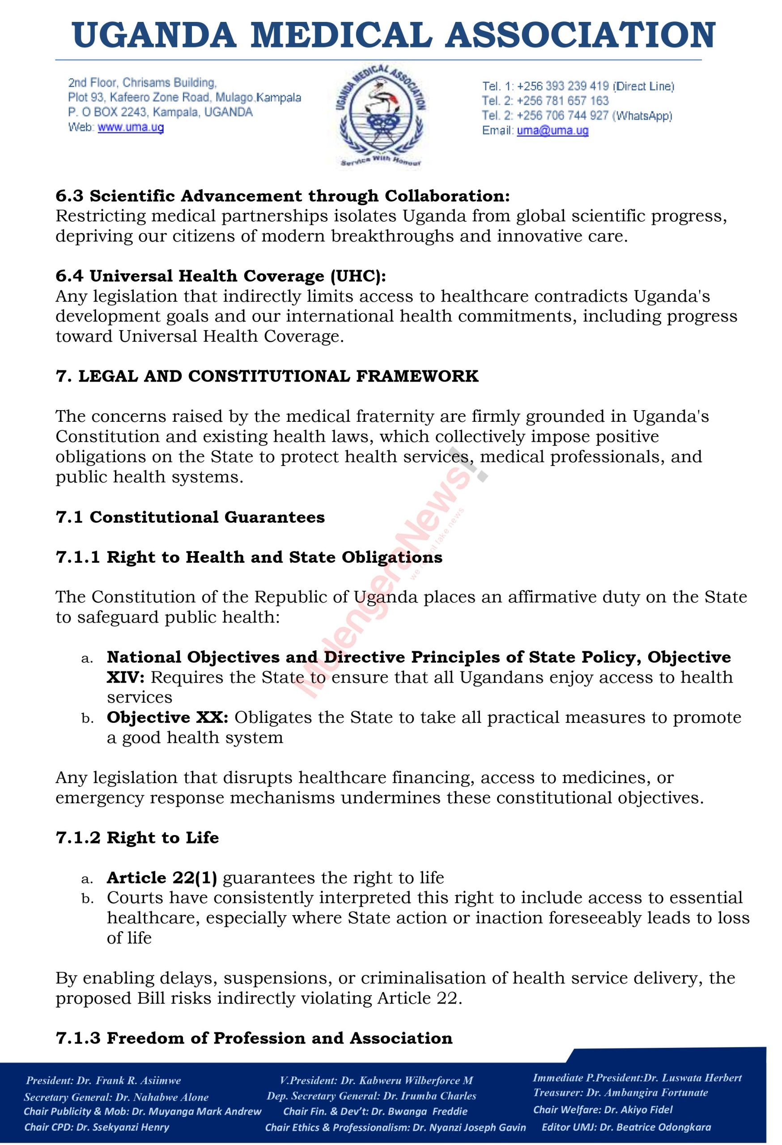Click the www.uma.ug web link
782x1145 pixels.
click(x=131, y=127)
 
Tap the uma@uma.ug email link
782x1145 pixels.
click(x=552, y=131)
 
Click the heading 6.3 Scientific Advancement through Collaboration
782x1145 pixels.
click(x=282, y=196)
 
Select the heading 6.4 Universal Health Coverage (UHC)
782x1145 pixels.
click(x=221, y=276)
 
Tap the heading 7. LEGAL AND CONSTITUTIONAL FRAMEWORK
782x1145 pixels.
click(x=267, y=377)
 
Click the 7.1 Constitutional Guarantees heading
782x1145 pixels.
click(x=190, y=517)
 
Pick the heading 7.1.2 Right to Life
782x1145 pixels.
click(x=137, y=838)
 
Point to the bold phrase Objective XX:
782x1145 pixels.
click(x=167, y=717)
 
